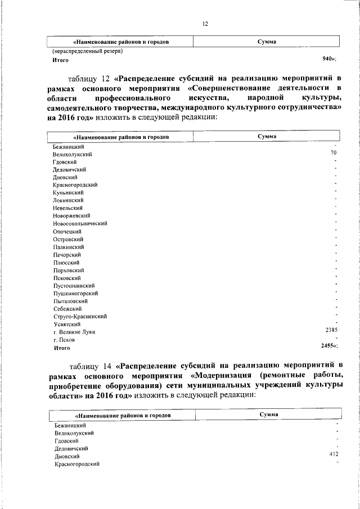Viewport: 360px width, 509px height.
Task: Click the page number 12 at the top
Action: click(205, 24)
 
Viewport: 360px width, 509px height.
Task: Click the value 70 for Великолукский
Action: click(334, 152)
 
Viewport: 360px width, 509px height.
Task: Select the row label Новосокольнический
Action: click(80, 223)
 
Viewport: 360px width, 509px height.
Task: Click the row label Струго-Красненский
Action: click(80, 316)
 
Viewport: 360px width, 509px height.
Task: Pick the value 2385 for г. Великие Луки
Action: click(331, 330)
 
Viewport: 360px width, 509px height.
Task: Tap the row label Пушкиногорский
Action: click(76, 293)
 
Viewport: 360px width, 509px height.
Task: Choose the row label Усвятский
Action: click(67, 325)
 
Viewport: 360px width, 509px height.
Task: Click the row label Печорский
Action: click(68, 254)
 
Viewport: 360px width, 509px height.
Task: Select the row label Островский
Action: click(69, 239)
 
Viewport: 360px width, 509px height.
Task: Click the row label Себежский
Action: click(67, 309)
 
